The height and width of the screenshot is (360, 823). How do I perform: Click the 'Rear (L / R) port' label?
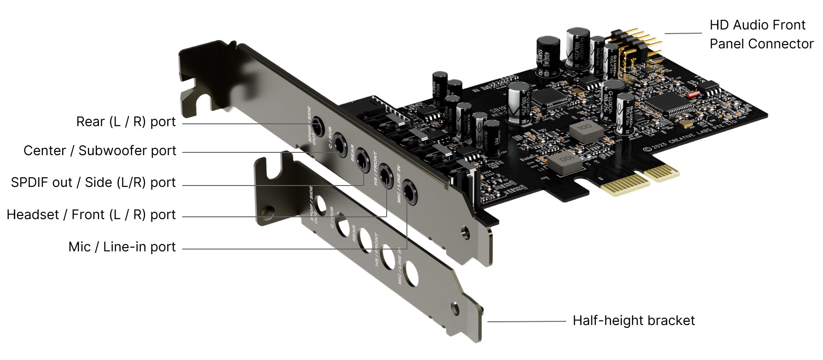click(x=126, y=122)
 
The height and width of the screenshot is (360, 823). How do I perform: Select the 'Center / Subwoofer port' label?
click(x=100, y=151)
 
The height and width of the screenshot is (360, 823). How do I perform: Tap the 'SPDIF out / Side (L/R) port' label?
click(x=93, y=183)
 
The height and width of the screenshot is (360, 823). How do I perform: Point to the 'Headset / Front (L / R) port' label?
click(x=91, y=215)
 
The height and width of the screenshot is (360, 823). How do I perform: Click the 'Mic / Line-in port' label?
click(x=122, y=247)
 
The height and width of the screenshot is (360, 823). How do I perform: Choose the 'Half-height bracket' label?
click(x=633, y=321)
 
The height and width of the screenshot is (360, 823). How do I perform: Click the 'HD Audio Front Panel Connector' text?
click(x=761, y=35)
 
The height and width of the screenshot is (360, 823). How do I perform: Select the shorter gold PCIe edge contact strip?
click(x=662, y=172)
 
